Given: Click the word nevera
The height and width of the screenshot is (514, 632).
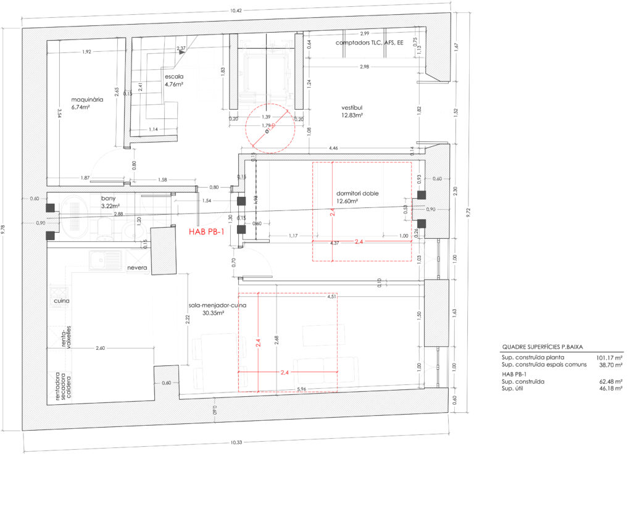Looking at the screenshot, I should click(137, 268).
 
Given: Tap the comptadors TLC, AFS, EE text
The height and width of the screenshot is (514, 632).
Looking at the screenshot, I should click(369, 43).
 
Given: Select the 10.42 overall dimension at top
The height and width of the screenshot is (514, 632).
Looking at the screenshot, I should click(235, 10).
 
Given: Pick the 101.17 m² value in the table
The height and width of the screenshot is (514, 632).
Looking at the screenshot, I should click(609, 357).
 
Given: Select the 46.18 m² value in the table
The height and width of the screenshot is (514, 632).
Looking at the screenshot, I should click(610, 389).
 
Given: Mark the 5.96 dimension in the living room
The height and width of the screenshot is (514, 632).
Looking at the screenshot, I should click(302, 389).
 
